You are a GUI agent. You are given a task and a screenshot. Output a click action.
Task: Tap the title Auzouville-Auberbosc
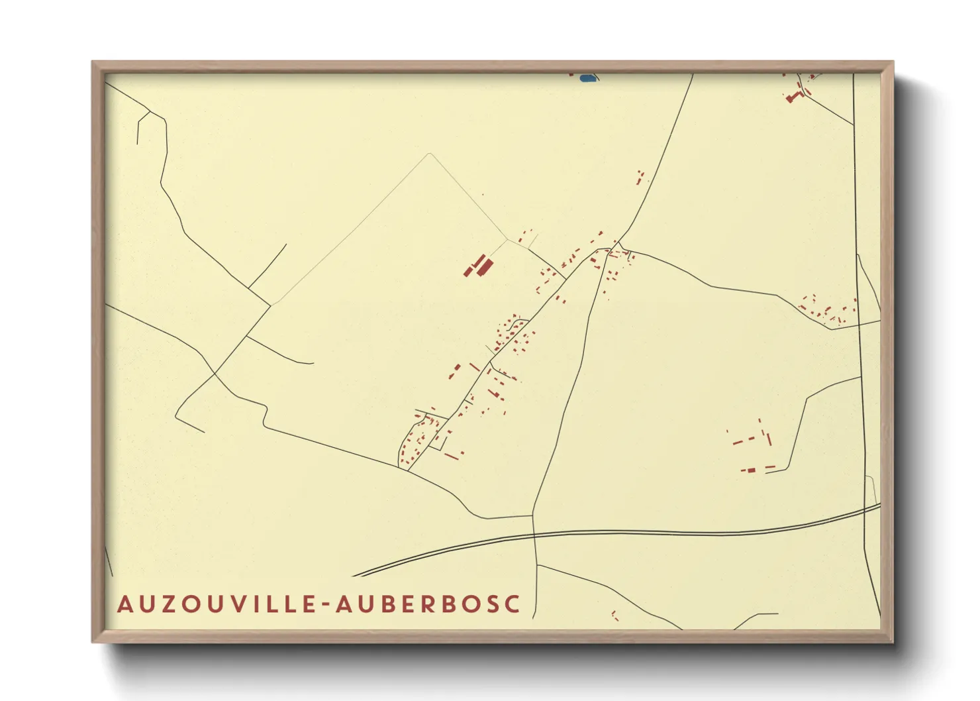[318, 604]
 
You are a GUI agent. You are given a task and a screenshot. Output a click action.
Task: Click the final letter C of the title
[512, 604]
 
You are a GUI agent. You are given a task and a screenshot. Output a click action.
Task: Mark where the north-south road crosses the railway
[534, 534]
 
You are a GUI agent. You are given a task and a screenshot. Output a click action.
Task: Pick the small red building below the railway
[614, 616]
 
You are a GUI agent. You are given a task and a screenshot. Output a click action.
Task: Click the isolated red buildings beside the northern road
[640, 177]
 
